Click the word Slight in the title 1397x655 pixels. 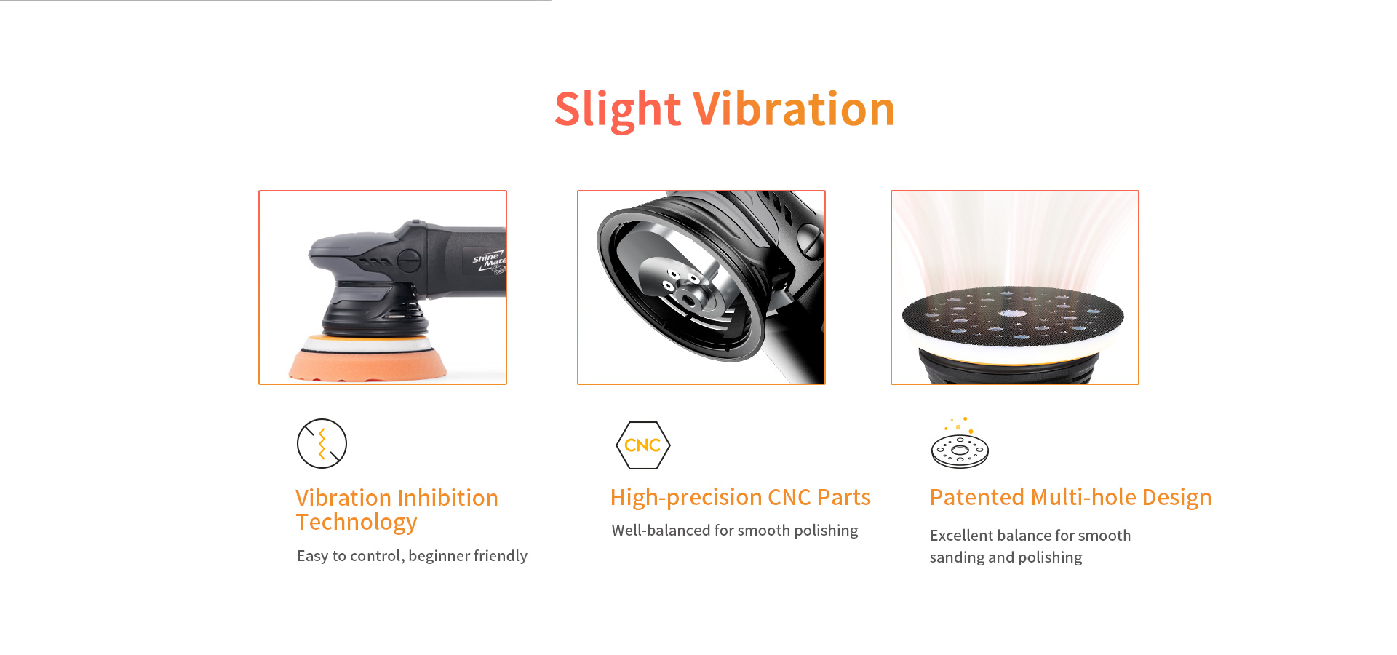pyautogui.click(x=618, y=109)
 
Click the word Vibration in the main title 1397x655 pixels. pyautogui.click(x=794, y=109)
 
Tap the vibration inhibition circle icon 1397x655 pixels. pyautogui.click(x=322, y=443)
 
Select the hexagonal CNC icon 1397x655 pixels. pyautogui.click(x=642, y=445)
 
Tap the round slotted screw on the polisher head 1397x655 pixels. pyautogui.click(x=409, y=259)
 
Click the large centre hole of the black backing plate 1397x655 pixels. pyautogui.click(x=1012, y=314)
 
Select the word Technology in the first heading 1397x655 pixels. pyautogui.click(x=357, y=523)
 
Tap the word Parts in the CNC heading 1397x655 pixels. pyautogui.click(x=844, y=497)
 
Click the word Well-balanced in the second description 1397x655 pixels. pyautogui.click(x=661, y=531)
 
